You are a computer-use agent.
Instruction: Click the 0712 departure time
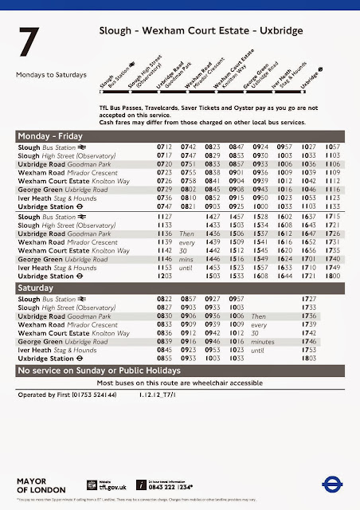point(164,148)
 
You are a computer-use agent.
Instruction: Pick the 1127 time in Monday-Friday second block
point(164,217)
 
